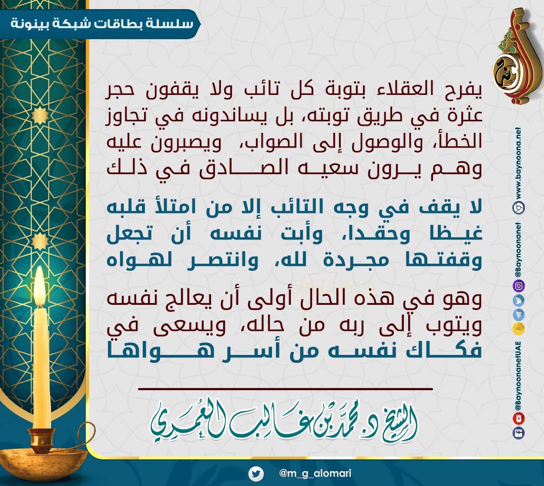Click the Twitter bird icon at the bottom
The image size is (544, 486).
[256, 473]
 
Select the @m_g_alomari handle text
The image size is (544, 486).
[315, 473]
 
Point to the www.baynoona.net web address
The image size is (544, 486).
[519, 163]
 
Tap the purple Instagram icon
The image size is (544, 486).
[518, 286]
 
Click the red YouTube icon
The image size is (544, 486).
[518, 418]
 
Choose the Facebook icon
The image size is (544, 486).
[518, 433]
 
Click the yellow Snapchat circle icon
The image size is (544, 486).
[518, 328]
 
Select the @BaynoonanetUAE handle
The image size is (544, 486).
[518, 376]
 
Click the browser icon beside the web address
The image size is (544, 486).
[518, 208]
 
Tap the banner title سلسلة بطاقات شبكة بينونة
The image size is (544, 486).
[102, 24]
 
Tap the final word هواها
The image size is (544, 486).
[161, 351]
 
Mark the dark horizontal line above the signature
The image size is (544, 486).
[285, 389]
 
